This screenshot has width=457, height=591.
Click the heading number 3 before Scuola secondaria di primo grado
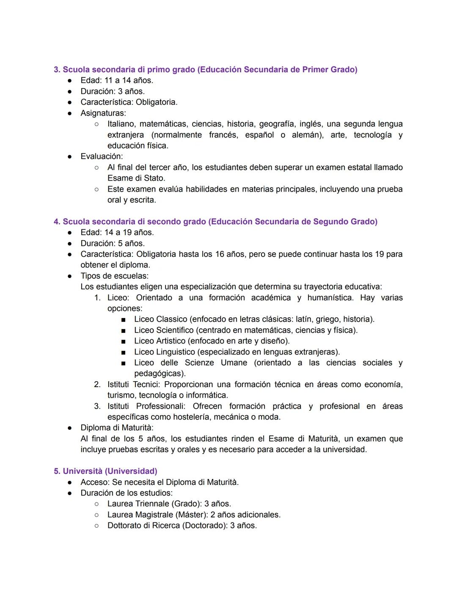click(57, 69)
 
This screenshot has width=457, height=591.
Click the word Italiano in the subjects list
click(121, 124)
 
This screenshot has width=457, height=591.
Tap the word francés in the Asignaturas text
click(223, 135)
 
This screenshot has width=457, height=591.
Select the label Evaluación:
click(102, 157)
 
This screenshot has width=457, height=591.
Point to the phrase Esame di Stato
click(136, 178)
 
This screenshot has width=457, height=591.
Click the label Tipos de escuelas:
click(114, 276)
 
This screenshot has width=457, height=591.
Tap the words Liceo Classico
click(160, 319)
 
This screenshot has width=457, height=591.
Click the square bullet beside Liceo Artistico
click(123, 341)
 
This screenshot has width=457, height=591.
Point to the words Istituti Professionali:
click(146, 406)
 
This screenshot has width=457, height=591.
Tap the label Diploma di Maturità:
click(117, 428)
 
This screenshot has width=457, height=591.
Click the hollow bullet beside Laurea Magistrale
click(96, 515)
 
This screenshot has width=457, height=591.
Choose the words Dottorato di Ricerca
click(143, 525)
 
